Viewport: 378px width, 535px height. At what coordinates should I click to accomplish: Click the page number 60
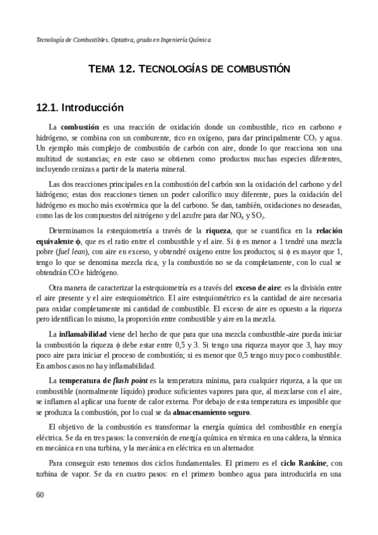click(x=41, y=494)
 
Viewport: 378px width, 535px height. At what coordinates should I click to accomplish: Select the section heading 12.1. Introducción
click(x=80, y=108)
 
